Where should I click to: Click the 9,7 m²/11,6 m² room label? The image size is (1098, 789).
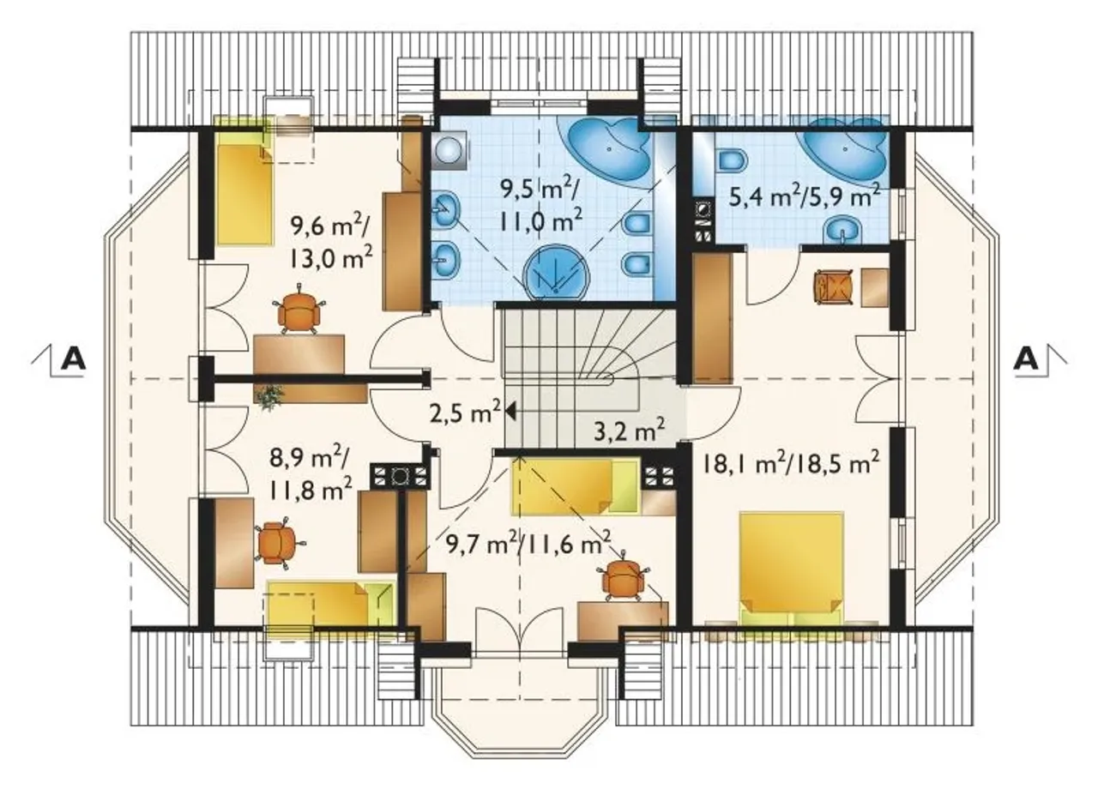528,543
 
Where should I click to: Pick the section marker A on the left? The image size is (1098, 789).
74,359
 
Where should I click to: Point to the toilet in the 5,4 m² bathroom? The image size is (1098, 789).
733,161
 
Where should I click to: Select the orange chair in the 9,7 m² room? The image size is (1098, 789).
623,581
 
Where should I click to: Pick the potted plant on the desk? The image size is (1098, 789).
269,395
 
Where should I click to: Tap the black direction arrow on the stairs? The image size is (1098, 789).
510,412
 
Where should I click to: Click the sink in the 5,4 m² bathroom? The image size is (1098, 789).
842,230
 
